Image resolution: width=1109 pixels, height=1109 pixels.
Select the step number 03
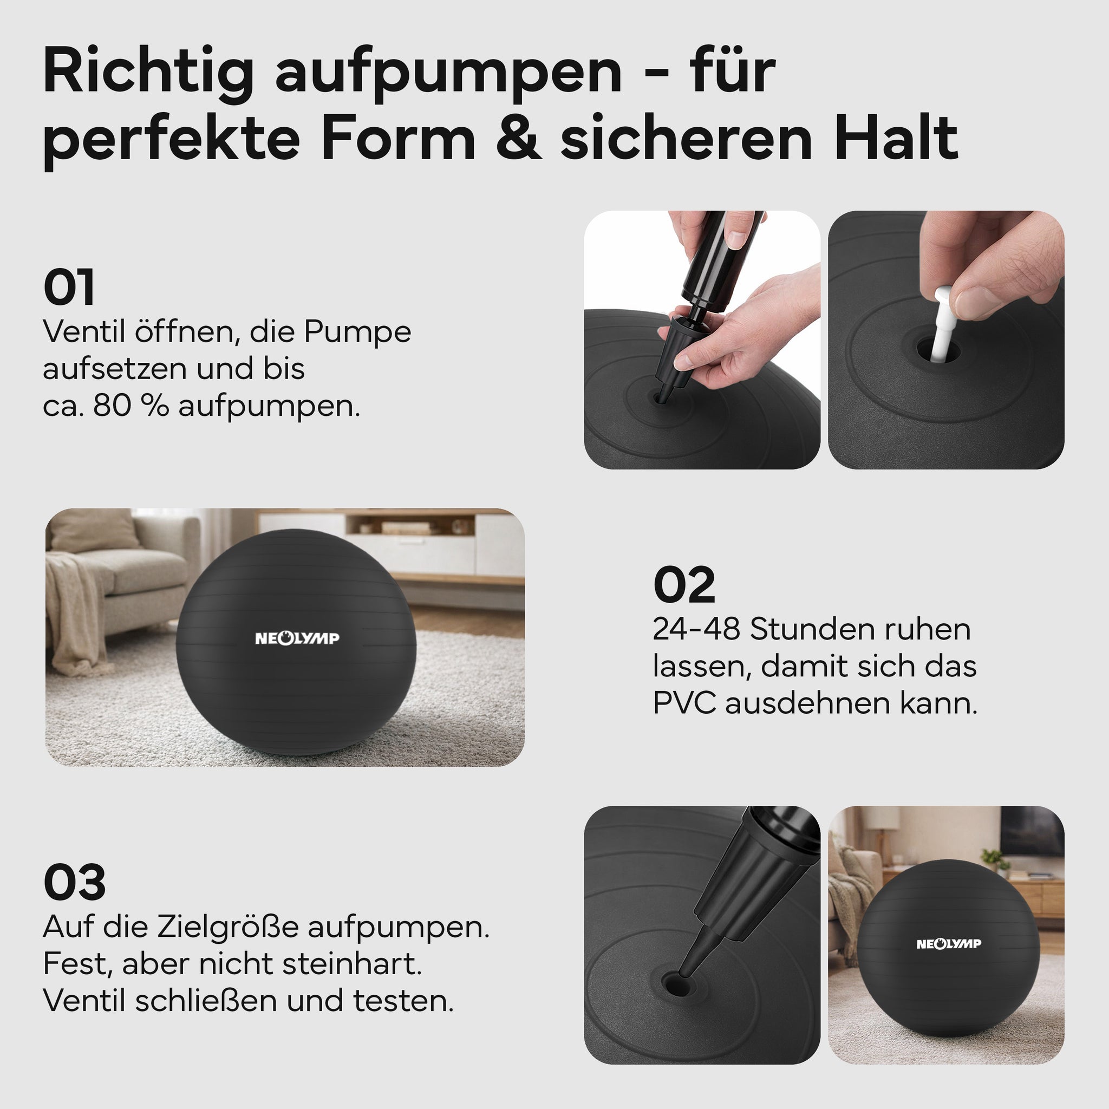click(75, 882)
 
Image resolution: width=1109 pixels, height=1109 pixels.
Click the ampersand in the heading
click(518, 138)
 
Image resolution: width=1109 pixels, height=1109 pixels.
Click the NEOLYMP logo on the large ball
click(297, 638)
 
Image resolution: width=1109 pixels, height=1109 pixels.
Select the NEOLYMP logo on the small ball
click(949, 944)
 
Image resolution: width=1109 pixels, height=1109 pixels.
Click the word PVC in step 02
click(685, 703)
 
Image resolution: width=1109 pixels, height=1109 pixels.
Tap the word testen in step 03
click(403, 1001)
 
